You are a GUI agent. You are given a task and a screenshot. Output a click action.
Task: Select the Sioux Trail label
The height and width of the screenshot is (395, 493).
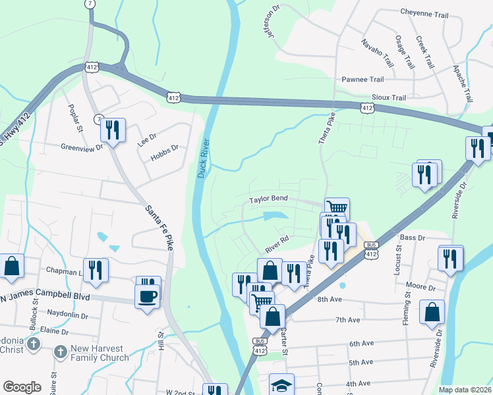(x=389, y=97)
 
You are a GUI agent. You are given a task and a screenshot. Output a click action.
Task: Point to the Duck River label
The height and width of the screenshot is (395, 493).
(x=203, y=157)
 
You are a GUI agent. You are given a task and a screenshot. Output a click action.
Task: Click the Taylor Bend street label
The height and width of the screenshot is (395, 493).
(x=268, y=199)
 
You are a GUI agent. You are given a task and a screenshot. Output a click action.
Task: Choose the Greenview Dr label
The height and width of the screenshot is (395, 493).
(x=82, y=147)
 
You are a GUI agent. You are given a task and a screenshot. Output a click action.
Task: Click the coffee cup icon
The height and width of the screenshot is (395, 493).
(x=148, y=295)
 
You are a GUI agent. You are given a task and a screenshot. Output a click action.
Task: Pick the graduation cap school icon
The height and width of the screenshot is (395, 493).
(x=281, y=385)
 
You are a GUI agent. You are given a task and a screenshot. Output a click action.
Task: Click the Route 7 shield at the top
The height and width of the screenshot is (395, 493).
(x=89, y=4)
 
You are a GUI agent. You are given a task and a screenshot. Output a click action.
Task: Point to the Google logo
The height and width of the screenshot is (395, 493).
(x=22, y=387)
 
